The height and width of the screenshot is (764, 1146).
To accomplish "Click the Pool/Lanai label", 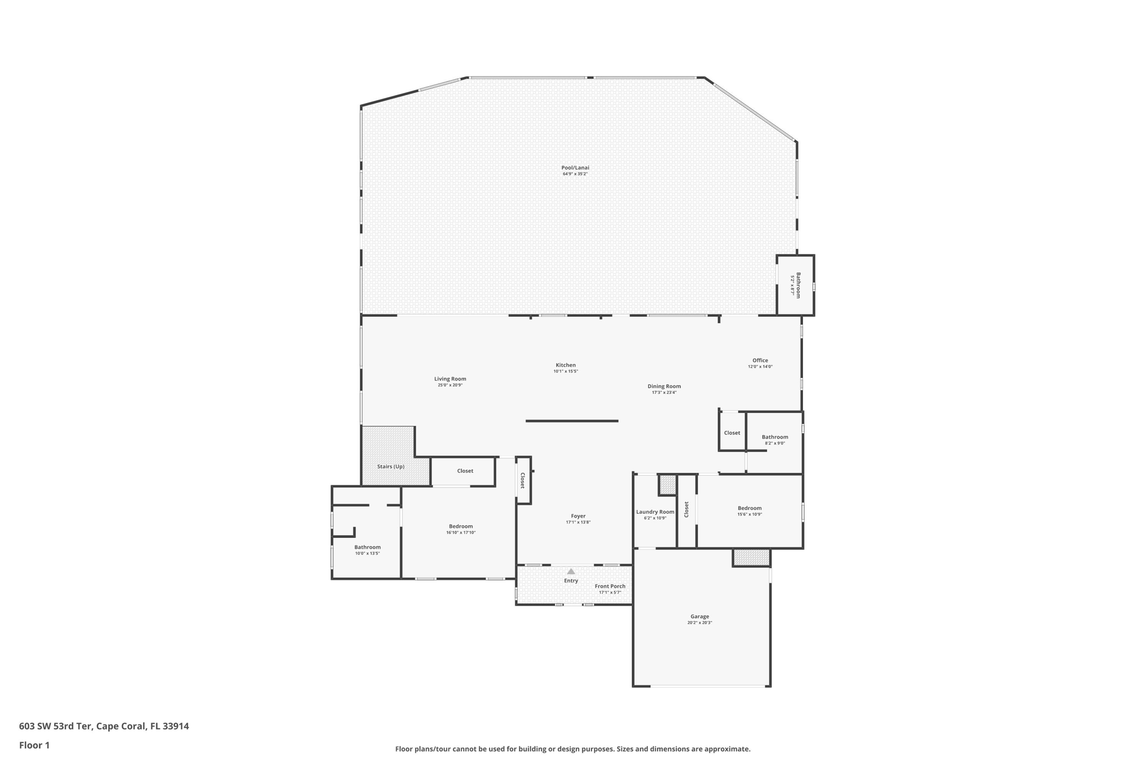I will (575, 167).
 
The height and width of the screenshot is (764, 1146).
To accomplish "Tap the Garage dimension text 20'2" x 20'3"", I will (699, 622).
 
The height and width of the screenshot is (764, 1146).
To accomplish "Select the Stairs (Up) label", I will (391, 466).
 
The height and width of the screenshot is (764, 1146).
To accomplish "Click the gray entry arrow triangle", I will (571, 571).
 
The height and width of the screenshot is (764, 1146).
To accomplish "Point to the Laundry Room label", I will (655, 512).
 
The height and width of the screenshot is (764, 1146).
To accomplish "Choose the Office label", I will (760, 360).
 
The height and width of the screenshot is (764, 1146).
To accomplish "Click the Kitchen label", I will (565, 365).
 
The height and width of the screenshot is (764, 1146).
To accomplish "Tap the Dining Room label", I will (664, 386).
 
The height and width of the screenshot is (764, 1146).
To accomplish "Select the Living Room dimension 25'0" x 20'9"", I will (450, 385).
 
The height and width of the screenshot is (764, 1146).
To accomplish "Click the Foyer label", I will (578, 516).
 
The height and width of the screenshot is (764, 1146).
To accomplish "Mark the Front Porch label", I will (610, 586).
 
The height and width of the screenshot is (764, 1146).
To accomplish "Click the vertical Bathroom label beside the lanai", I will (799, 285).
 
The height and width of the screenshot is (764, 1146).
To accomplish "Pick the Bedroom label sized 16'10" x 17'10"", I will (461, 526).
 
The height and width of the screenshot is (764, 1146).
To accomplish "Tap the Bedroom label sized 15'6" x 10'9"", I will (749, 508).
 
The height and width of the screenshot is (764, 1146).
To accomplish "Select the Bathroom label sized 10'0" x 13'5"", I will (367, 547).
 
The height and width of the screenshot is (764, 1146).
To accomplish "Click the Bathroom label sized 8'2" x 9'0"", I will (774, 437).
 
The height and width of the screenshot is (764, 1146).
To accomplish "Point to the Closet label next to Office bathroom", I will (732, 433).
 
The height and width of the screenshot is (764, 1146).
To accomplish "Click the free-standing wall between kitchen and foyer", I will (572, 421).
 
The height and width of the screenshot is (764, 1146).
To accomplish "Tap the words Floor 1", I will (34, 745).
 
